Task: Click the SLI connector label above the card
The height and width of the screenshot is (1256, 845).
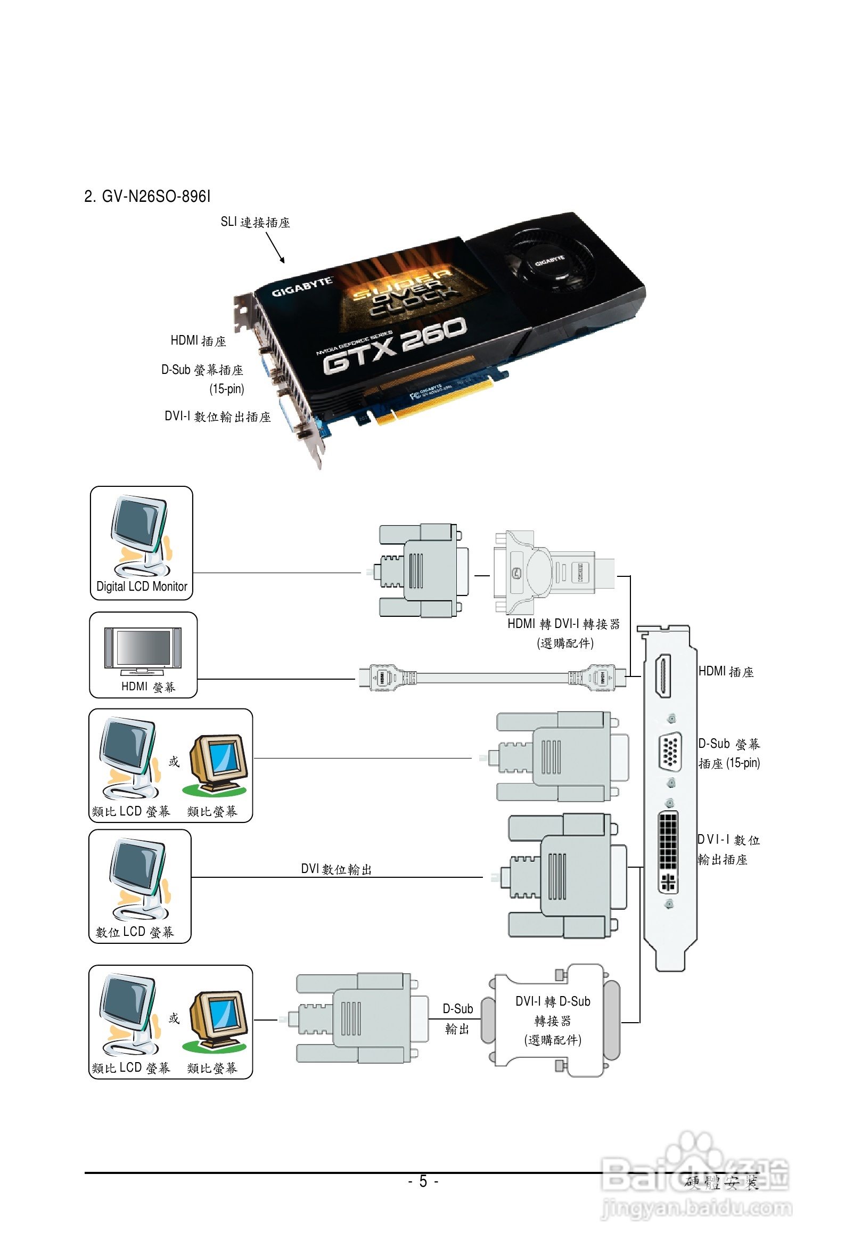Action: pyautogui.click(x=255, y=222)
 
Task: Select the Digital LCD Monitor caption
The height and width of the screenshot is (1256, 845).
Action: pyautogui.click(x=142, y=586)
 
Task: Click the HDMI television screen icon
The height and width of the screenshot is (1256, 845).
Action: pyautogui.click(x=143, y=649)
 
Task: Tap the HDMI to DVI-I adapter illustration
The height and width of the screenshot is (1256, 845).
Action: pyautogui.click(x=553, y=572)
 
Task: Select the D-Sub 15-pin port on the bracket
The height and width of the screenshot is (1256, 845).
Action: pyautogui.click(x=670, y=751)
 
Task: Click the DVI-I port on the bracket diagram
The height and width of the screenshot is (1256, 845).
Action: pyautogui.click(x=668, y=852)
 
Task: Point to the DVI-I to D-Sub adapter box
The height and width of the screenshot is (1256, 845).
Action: pyautogui.click(x=552, y=1020)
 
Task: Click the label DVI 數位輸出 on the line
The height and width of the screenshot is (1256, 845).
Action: pyautogui.click(x=337, y=869)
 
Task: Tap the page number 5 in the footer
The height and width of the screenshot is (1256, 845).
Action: pyautogui.click(x=423, y=1181)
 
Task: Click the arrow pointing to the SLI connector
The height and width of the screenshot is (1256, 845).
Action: pyautogui.click(x=275, y=248)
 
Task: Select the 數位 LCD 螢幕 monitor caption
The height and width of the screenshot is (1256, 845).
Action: pyautogui.click(x=135, y=932)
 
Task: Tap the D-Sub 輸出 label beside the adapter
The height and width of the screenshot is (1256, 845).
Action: pyautogui.click(x=457, y=1019)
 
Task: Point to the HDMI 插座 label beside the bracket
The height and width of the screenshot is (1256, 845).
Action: pyautogui.click(x=726, y=672)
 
